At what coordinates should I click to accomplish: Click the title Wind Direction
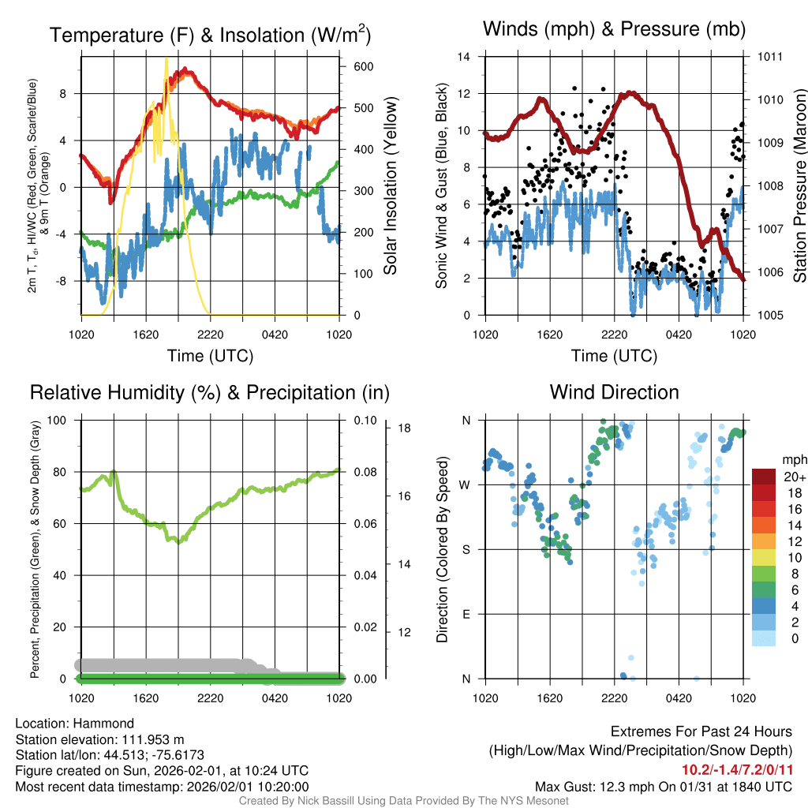coord(614,392)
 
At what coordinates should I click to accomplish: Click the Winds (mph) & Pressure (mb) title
coord(614,30)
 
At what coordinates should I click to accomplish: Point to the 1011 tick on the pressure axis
coord(769,57)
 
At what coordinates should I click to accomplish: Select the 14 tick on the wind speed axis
coord(465,57)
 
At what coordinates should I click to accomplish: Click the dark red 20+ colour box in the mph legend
coord(764,477)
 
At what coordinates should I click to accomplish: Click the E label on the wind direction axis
coord(466,614)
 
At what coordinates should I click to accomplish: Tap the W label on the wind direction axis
coord(465,484)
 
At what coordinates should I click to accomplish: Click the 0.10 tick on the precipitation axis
coord(364,420)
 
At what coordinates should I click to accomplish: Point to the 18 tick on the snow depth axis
coord(404,428)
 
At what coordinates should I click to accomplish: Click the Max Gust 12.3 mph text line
coord(663,786)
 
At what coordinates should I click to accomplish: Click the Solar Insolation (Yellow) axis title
coord(390,186)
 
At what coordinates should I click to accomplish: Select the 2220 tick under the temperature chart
coord(210,335)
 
